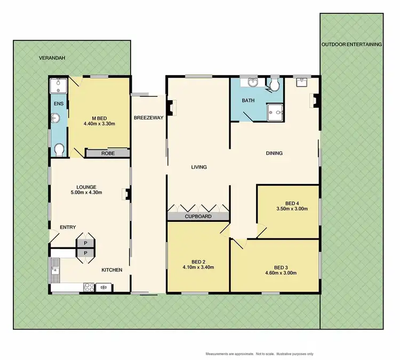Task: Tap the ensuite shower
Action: click(58, 85)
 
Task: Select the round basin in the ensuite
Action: click(55, 118)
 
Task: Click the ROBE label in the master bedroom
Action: click(108, 153)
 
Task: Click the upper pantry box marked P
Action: click(85, 243)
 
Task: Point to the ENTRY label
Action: click(68, 227)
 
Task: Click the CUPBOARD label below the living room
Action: click(198, 217)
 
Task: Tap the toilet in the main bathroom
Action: click(275, 85)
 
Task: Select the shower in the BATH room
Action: click(276, 110)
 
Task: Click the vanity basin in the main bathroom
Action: click(253, 82)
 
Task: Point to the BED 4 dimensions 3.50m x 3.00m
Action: click(288, 209)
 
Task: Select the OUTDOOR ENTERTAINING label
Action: click(351, 45)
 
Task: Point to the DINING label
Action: click(274, 154)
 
